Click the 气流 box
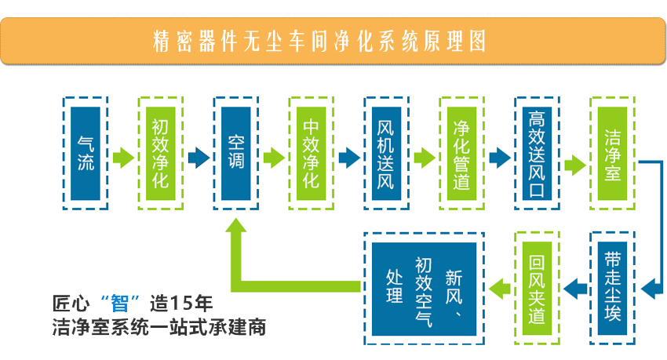click(86, 152)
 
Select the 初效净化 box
click(160, 152)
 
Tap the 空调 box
click(235, 152)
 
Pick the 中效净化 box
click(311, 152)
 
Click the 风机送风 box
click(386, 152)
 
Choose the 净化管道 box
click(461, 152)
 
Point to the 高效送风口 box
click(537, 152)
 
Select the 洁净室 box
click(612, 152)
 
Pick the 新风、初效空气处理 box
click(424, 288)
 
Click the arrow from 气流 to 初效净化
click(123, 158)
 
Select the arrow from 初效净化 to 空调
click(198, 158)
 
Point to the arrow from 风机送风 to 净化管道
click(424, 158)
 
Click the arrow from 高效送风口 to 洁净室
click(574, 165)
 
